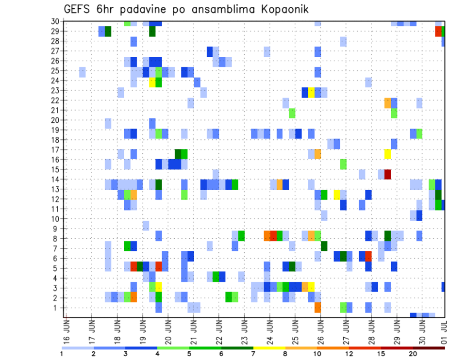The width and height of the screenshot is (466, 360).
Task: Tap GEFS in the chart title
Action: click(x=78, y=9)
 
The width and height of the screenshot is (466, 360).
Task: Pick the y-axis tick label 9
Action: click(x=57, y=229)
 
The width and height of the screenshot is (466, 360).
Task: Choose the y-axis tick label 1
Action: click(x=57, y=308)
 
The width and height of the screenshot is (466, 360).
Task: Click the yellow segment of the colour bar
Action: click(x=269, y=348)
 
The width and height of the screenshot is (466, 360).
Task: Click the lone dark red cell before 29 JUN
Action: click(x=387, y=174)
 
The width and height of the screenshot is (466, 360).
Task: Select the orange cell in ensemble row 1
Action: click(x=317, y=308)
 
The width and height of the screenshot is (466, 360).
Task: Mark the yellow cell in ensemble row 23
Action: click(x=311, y=92)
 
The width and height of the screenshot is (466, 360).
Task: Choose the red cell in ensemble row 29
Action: click(x=438, y=31)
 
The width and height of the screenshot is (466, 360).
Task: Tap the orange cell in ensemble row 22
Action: click(x=387, y=102)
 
